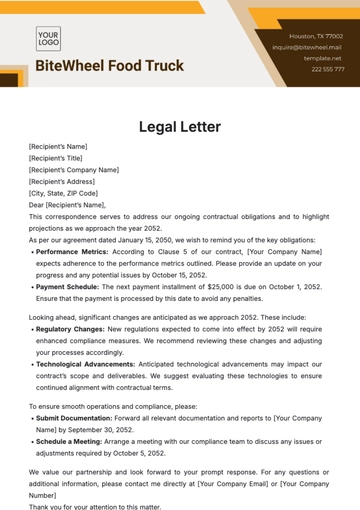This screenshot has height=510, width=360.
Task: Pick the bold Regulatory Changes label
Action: [73, 327]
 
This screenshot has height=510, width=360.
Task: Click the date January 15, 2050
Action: [149, 240]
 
